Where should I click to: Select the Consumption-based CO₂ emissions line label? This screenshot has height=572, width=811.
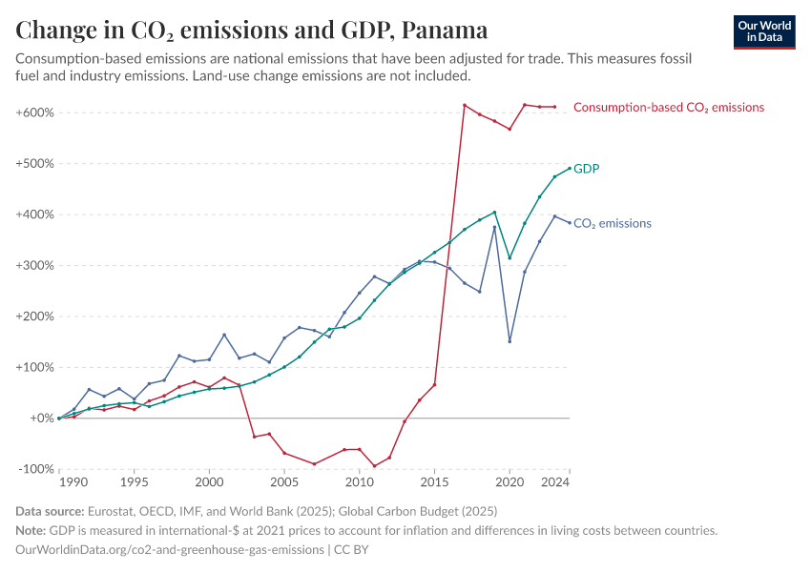668,108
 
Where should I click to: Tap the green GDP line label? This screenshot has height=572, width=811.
586,169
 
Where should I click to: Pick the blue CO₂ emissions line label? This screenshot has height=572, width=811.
612,223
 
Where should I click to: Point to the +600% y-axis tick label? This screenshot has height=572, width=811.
34,112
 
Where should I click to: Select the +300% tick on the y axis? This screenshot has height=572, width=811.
34,265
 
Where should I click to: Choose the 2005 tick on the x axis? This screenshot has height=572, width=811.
284,483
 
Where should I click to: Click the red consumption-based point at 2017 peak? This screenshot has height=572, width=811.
465,105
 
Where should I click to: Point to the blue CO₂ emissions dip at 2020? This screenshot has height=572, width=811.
509,341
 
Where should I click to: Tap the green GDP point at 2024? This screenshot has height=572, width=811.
570,169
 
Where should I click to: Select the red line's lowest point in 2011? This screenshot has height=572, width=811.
374,466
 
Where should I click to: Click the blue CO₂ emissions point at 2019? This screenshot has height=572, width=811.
494,227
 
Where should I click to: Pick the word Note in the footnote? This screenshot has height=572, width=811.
31,531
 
